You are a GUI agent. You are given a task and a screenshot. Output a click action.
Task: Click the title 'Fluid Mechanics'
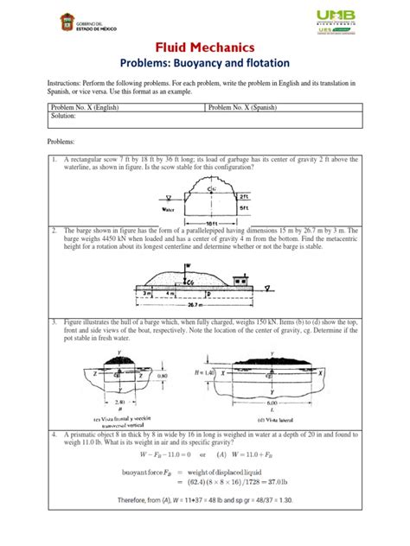pos(204,46)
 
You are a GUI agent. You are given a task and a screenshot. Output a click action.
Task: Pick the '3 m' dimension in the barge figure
pos(148,293)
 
